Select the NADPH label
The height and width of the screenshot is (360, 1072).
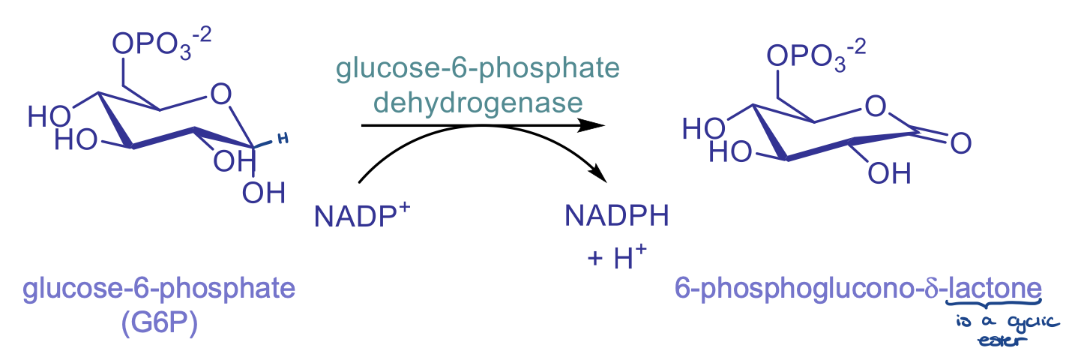pyautogui.click(x=616, y=217)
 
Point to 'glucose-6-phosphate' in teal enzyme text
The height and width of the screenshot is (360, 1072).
pyautogui.click(x=478, y=69)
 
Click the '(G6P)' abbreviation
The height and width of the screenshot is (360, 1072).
pyautogui.click(x=158, y=324)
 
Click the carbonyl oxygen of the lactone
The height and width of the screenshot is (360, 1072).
pyautogui.click(x=960, y=142)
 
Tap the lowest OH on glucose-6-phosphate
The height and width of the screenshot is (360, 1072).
pyautogui.click(x=264, y=193)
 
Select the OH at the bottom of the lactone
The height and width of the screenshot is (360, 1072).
pyautogui.click(x=890, y=174)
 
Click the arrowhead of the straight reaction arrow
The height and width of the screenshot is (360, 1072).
pyautogui.click(x=596, y=125)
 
